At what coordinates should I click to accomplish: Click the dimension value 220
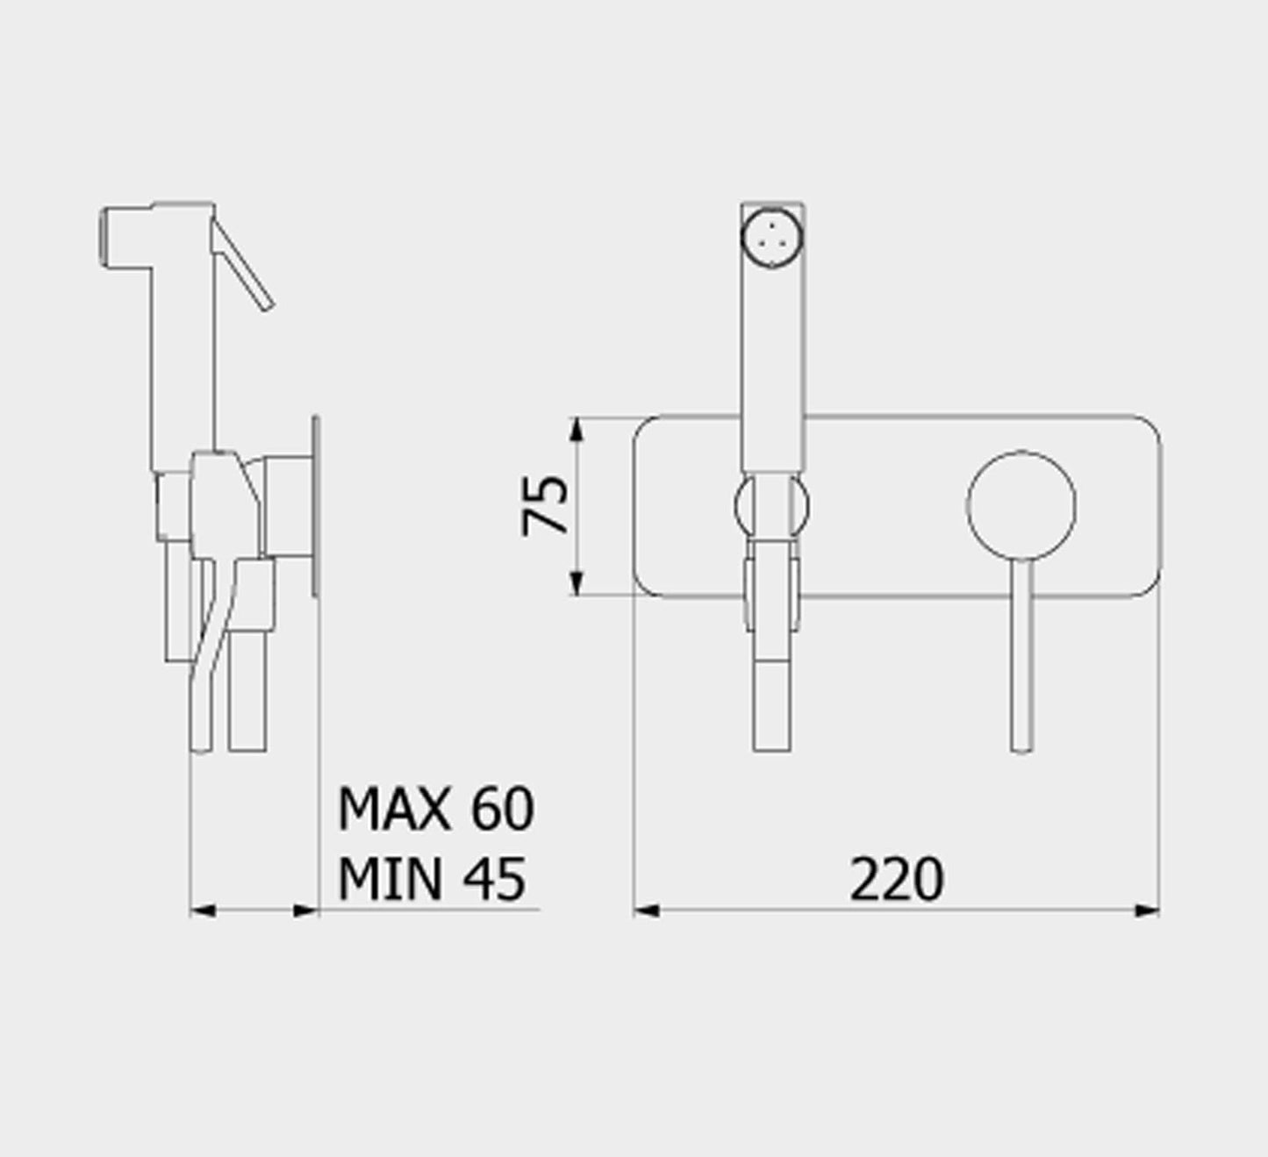click(896, 880)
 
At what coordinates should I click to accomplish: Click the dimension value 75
click(545, 505)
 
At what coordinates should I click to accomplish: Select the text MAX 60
click(435, 809)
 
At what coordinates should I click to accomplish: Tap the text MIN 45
click(432, 879)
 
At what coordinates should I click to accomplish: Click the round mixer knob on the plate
click(1021, 505)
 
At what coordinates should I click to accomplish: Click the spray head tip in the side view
click(105, 237)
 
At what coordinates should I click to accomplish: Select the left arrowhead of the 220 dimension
click(646, 911)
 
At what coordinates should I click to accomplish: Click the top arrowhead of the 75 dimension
click(577, 430)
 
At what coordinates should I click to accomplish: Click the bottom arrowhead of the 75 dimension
click(577, 582)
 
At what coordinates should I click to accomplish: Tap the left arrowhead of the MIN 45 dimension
click(203, 911)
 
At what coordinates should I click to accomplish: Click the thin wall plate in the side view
click(316, 506)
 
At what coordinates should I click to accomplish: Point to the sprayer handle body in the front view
click(772, 368)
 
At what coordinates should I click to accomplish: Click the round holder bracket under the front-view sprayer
click(772, 506)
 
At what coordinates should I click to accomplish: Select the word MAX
click(395, 809)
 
